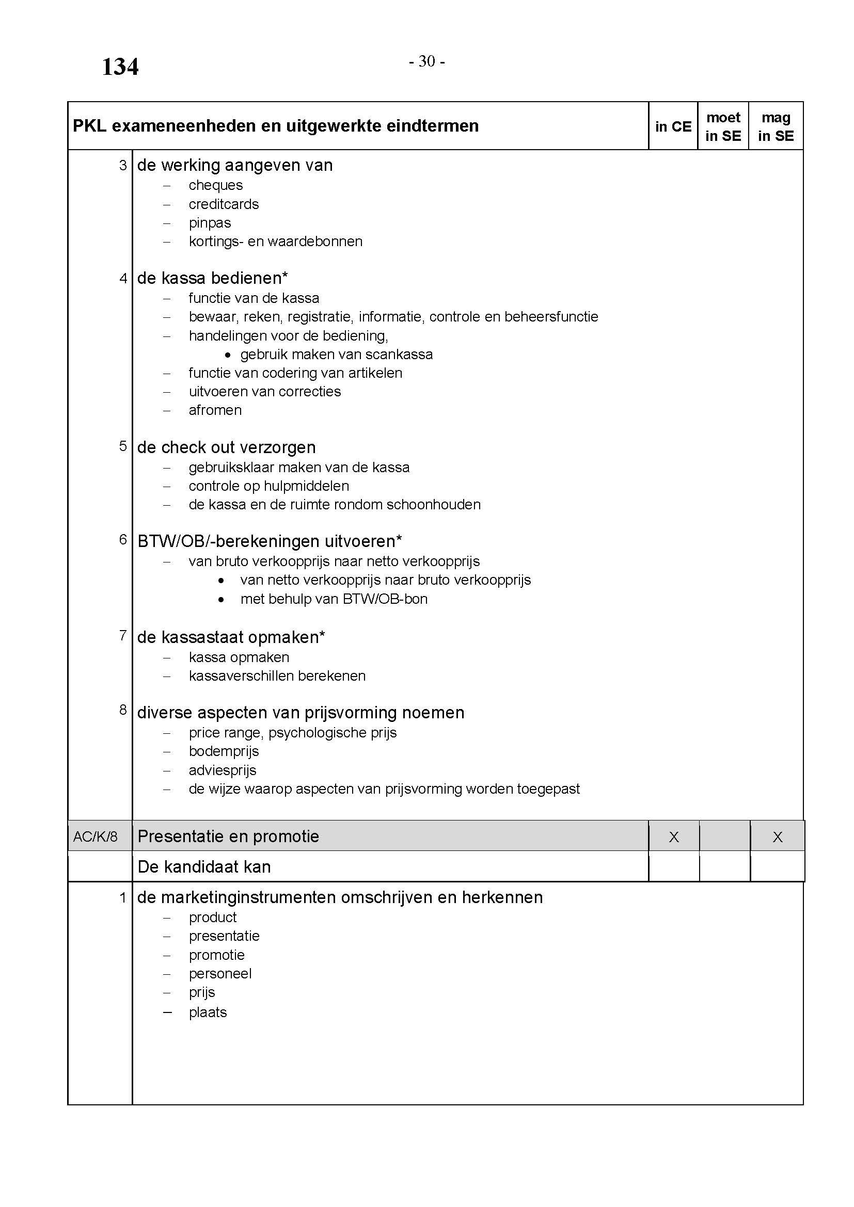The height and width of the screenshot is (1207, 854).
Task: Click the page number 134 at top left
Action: coord(120,67)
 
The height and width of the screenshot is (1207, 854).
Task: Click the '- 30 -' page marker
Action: coord(426,62)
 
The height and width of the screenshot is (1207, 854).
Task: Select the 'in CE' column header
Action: coord(673,127)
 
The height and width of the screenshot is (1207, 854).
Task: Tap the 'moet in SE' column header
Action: coord(723,127)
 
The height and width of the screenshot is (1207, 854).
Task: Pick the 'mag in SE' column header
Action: coord(776,127)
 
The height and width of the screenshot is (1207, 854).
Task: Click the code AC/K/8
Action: coord(95,836)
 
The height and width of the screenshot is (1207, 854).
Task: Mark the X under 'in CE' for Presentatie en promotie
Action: coord(674,837)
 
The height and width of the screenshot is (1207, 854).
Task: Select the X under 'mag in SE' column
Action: coord(777,837)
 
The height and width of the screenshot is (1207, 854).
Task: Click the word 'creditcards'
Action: coord(224,204)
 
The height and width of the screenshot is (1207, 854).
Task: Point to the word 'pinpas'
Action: coord(210,223)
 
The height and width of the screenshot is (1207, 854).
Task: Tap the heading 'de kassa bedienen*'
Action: coord(212,278)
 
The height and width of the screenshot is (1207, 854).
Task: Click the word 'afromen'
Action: coord(215,410)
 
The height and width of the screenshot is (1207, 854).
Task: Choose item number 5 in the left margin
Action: coord(123,446)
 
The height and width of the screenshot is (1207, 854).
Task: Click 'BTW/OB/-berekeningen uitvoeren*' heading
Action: coord(269,541)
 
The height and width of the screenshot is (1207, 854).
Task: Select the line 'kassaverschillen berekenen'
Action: coord(277,675)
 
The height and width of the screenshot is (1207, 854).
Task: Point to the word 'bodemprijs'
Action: coord(224,751)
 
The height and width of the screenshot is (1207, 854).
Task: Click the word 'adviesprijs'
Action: coord(223,770)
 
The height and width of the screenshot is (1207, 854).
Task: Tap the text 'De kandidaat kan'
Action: coord(204,867)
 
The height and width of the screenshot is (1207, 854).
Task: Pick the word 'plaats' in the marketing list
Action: coord(208,1012)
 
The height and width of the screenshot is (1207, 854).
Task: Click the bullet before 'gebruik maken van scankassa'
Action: coord(227,356)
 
